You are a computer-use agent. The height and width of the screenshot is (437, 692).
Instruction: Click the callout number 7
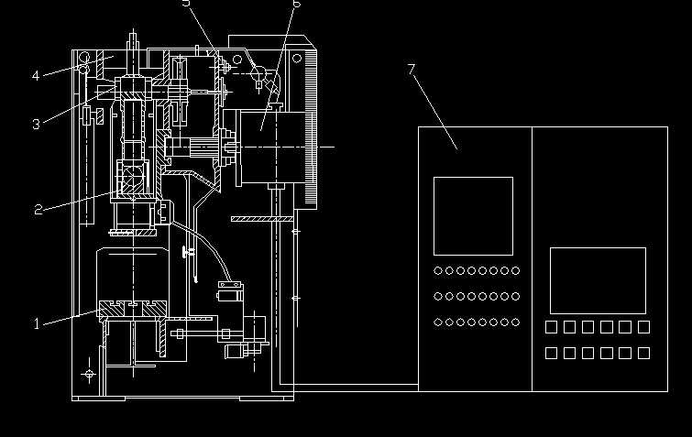point(412,70)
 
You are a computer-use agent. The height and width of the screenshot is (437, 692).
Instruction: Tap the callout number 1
point(38,323)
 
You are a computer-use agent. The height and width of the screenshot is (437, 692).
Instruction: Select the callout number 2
point(38,210)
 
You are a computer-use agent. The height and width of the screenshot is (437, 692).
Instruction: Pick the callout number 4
point(37,76)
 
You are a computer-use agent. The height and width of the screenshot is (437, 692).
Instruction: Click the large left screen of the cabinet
point(473,216)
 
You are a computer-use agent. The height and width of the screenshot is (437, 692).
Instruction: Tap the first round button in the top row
point(438,270)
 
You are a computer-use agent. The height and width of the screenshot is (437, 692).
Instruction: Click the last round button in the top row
point(515,270)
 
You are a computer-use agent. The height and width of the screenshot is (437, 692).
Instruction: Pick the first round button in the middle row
point(438,296)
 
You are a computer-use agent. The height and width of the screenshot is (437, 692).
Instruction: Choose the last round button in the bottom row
point(515,322)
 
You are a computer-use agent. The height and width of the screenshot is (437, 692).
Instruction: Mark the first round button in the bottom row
point(438,322)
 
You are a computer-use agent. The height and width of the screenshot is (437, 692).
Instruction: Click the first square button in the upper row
point(553,327)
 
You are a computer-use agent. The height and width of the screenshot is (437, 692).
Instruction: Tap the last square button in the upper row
point(644,327)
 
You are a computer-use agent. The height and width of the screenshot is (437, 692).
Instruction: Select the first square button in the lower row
point(553,353)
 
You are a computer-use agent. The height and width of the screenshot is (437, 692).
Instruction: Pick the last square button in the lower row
point(644,353)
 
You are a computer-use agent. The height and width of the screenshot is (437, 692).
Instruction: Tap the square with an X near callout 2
point(131,174)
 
